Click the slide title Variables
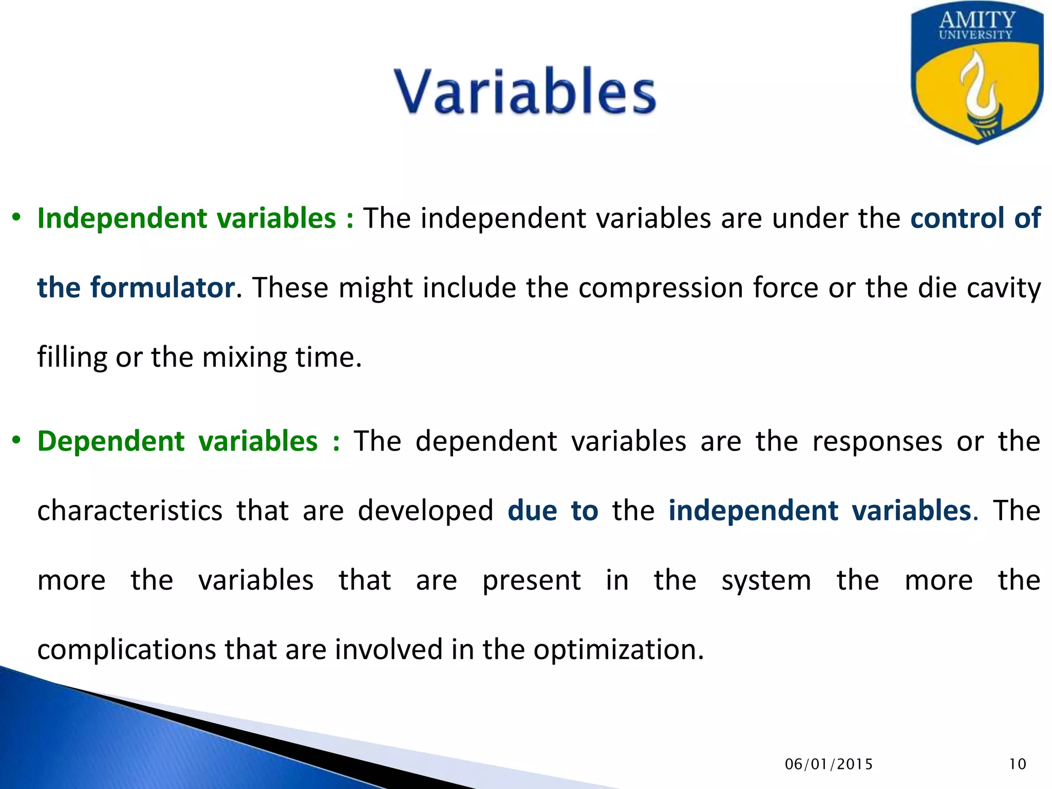(x=525, y=91)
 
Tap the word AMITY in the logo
(x=977, y=21)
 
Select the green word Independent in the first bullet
(x=122, y=218)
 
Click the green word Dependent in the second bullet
(x=110, y=441)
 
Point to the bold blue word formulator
(x=162, y=288)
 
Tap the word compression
(x=661, y=288)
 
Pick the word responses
(x=877, y=441)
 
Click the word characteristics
(x=130, y=511)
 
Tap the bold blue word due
(x=532, y=511)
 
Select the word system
(x=766, y=580)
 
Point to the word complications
(x=126, y=650)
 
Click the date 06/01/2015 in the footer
(x=829, y=764)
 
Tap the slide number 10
(x=1017, y=764)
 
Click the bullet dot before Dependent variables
(x=16, y=441)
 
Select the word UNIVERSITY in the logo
(x=975, y=35)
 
